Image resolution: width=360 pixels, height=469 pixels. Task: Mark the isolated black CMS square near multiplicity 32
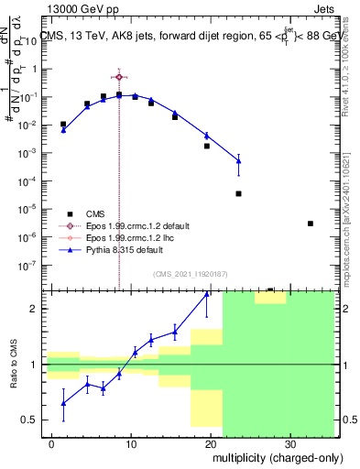point(311,224)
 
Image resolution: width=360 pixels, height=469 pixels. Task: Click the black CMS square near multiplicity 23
point(238,193)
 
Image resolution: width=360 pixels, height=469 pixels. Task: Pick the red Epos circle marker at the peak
point(119,77)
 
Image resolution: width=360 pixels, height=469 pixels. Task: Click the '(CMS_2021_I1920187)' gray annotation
point(191,272)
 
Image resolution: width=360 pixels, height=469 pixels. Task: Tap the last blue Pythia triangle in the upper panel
point(238,161)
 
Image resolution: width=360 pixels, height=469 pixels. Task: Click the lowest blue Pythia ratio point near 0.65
point(63,403)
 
